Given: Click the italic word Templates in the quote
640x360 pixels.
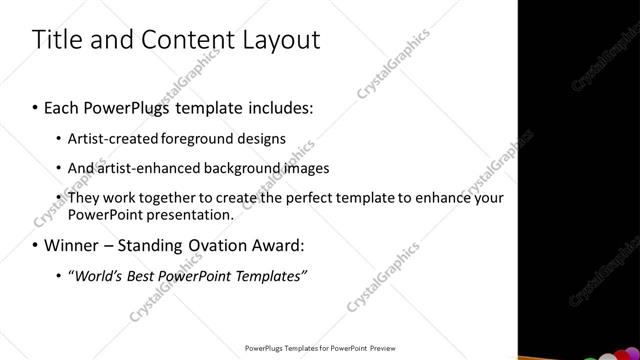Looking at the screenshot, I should coord(270,275).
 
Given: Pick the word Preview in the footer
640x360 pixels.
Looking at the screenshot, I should coord(380,348).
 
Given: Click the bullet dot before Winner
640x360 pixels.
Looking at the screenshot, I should coord(35,245).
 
